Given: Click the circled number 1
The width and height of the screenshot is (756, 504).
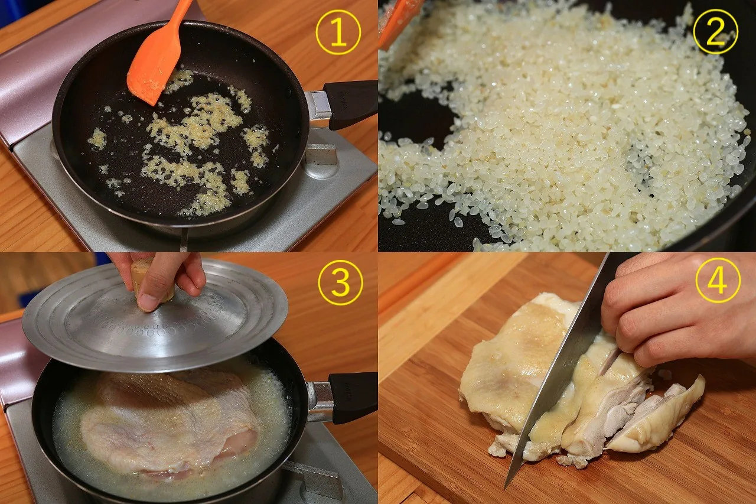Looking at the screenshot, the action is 338,32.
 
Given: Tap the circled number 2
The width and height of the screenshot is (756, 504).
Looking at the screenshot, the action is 715,32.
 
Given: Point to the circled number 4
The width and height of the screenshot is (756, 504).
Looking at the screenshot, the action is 718,281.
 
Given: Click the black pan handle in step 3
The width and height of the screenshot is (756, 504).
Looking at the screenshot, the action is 354,397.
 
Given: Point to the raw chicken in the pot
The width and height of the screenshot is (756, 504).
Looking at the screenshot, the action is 169,422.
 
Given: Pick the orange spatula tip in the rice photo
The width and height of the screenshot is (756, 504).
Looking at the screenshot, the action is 395,20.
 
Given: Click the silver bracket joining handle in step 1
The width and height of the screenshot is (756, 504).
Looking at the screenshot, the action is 319,105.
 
